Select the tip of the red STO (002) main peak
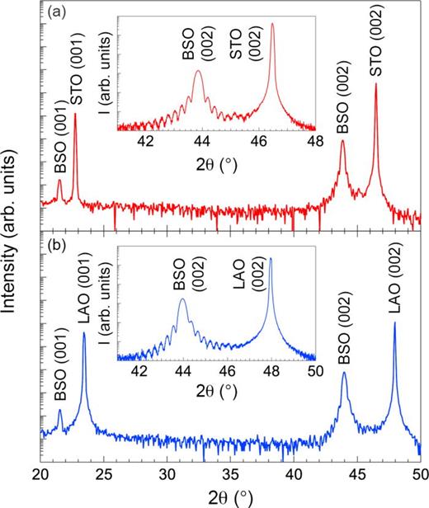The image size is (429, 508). click(x=376, y=84)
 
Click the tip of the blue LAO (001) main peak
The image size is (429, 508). click(x=84, y=333)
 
